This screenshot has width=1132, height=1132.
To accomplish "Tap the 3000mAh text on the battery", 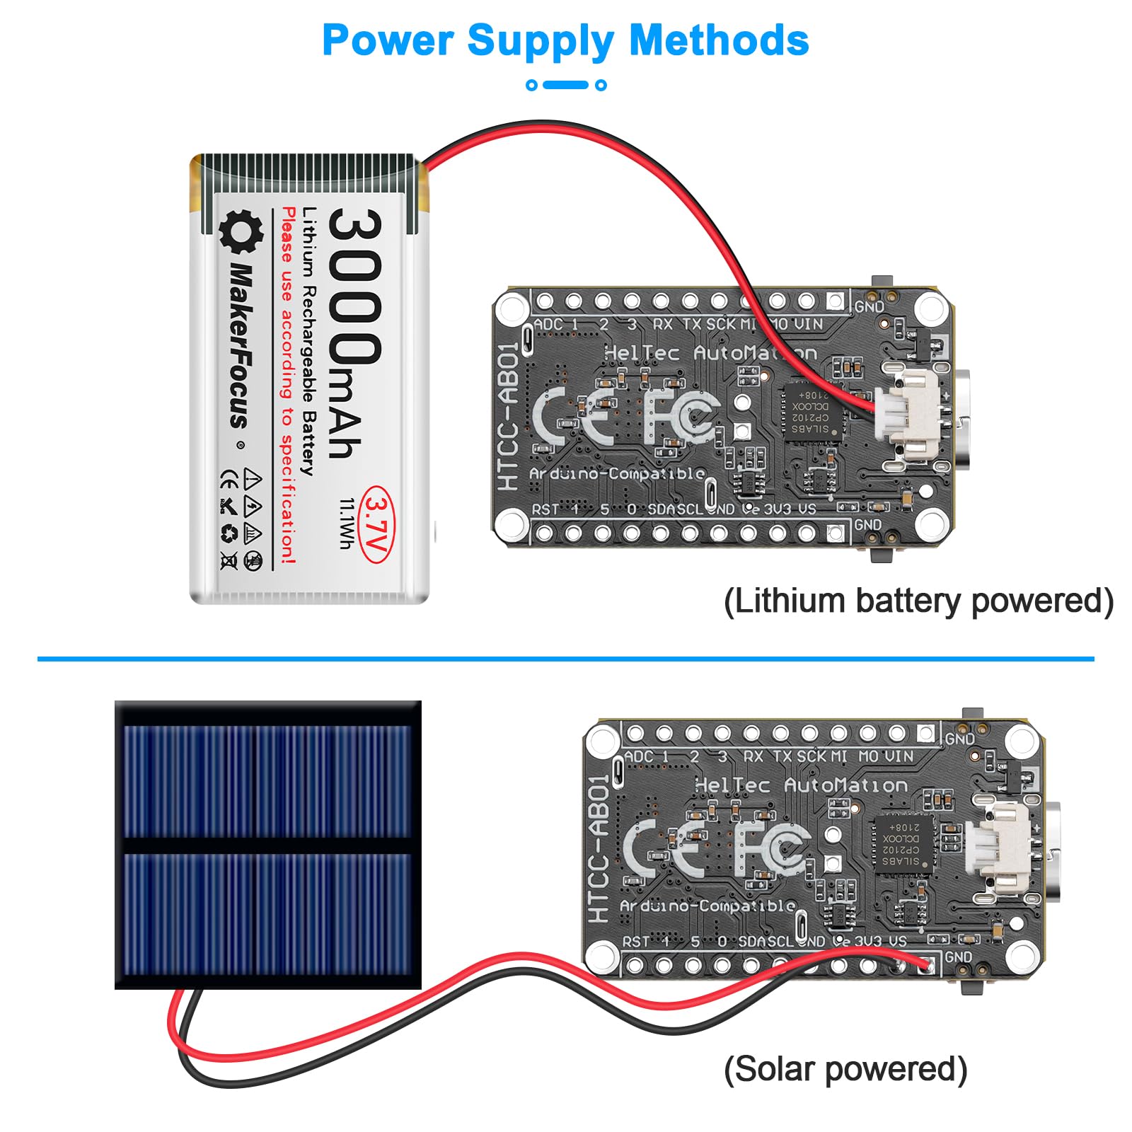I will pyautogui.click(x=354, y=333).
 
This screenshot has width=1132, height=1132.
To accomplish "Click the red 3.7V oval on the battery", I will pyautogui.click(x=377, y=524).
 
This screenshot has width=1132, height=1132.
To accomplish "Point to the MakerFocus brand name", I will pyautogui.click(x=241, y=347).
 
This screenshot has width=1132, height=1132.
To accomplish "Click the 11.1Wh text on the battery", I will pyautogui.click(x=347, y=524).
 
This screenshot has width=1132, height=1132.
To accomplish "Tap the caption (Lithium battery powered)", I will pyautogui.click(x=918, y=601).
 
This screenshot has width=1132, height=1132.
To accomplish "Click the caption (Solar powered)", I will pyautogui.click(x=845, y=1069).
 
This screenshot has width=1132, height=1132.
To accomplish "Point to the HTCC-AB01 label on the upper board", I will pyautogui.click(x=509, y=417).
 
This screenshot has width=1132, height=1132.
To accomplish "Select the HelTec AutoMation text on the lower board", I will pyautogui.click(x=800, y=785).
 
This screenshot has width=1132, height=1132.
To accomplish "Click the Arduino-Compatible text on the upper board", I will pyautogui.click(x=617, y=473).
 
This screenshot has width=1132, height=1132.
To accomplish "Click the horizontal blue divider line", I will pyautogui.click(x=566, y=659).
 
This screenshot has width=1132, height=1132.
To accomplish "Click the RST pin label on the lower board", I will pyautogui.click(x=635, y=942).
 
